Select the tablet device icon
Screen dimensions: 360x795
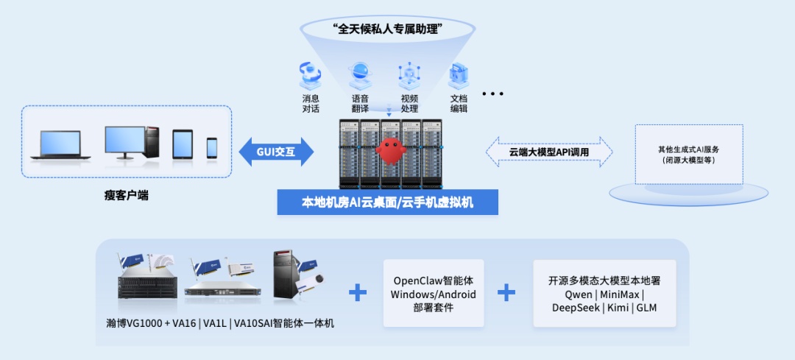(183, 144)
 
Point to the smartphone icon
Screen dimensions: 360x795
(212, 147)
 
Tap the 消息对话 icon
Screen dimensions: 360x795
(311, 75)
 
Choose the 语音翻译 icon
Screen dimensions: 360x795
(360, 75)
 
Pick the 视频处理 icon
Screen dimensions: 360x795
(409, 75)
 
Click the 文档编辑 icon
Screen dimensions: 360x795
(459, 75)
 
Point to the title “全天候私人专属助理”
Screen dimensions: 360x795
(392, 30)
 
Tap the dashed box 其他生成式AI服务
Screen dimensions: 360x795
(689, 155)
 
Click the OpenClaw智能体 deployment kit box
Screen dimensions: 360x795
(434, 294)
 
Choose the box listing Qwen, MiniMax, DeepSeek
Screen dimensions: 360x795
(604, 294)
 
